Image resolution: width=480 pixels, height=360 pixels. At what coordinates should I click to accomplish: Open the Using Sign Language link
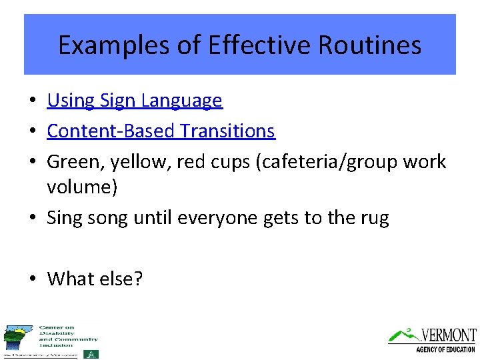coord(135,101)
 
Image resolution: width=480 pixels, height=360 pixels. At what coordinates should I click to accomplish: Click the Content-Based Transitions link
coord(161,131)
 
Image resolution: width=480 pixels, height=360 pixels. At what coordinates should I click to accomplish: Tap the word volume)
coord(82,187)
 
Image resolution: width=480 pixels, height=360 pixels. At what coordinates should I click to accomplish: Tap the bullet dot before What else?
coord(32,279)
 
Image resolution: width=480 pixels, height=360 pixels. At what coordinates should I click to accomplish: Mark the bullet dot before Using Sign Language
coord(32,101)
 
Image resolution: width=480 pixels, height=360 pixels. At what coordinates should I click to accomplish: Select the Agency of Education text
coord(445,349)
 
